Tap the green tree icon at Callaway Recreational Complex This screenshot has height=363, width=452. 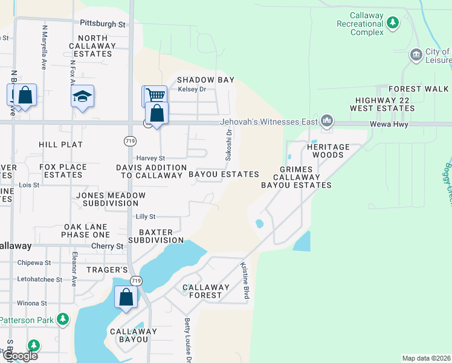pyautogui.click(x=393, y=23)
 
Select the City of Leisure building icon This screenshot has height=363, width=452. pyautogui.click(x=415, y=55)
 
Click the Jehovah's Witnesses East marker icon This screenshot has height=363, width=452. pyautogui.click(x=327, y=122)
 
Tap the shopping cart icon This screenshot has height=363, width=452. pyautogui.click(x=155, y=95)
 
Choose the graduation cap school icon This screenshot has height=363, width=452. pyautogui.click(x=82, y=97)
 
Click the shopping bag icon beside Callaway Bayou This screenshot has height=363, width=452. pyautogui.click(x=126, y=298)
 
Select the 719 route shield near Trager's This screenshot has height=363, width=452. pyautogui.click(x=135, y=281)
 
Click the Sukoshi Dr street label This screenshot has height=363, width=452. pyautogui.click(x=228, y=147)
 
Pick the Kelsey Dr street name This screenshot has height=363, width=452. pyautogui.click(x=192, y=90)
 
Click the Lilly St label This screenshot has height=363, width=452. pyautogui.click(x=146, y=216)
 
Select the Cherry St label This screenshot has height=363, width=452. pyautogui.click(x=107, y=246)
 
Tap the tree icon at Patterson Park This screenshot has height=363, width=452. pyautogui.click(x=63, y=319)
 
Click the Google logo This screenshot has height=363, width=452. pyautogui.click(x=19, y=356)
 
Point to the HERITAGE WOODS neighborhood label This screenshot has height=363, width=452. pyautogui.click(x=328, y=151)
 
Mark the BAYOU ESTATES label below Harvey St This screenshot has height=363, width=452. pyautogui.click(x=224, y=174)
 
